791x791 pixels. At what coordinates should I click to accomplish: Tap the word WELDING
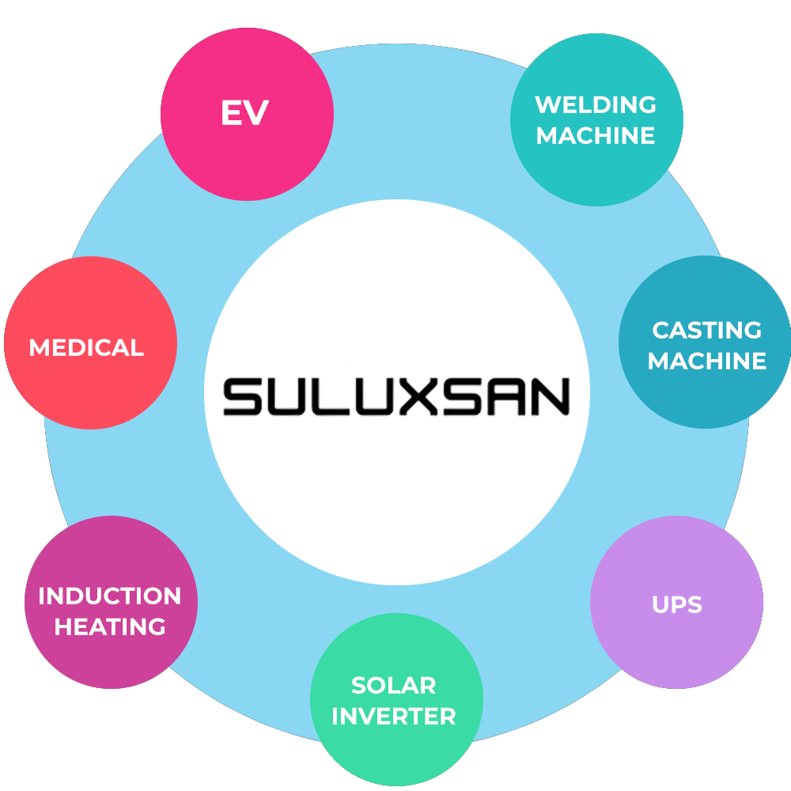596,104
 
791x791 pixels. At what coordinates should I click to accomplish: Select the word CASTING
706,330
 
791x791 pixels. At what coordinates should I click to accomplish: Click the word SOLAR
394,685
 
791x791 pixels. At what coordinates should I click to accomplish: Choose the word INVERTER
394,717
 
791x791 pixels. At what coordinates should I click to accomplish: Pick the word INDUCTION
110,596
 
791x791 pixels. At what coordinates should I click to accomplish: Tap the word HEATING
110,627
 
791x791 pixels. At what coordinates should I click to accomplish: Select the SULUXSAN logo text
395,396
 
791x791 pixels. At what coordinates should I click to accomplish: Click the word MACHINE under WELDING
596,136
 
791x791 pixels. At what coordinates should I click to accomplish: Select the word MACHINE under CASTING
706,361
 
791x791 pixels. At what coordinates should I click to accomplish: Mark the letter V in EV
257,115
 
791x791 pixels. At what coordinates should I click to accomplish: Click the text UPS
677,605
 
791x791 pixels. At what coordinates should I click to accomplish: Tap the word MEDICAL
86,347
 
